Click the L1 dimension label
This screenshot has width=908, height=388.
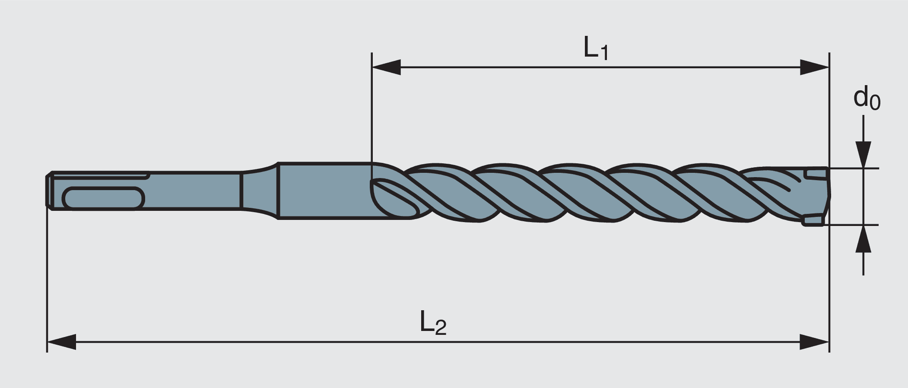point(596,48)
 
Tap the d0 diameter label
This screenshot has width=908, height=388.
point(866,99)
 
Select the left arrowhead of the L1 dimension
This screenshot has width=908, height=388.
point(386,67)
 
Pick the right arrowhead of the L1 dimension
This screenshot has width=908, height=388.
point(814,67)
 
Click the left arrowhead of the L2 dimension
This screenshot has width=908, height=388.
point(61,342)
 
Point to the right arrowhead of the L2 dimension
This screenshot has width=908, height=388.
point(814,342)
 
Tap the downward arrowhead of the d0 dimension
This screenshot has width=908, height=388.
point(863,155)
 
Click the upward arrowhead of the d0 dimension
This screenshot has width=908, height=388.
point(863,239)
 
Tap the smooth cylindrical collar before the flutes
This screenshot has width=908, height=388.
point(324,190)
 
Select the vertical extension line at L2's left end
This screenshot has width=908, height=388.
point(47,281)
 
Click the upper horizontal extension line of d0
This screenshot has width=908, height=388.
point(853,168)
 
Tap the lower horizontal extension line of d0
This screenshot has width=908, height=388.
point(853,225)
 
